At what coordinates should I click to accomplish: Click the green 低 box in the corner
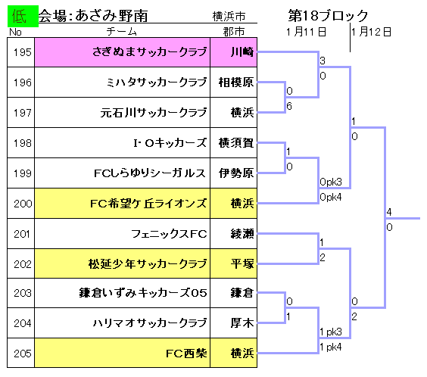(x=23, y=16)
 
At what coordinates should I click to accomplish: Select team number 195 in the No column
(x=23, y=52)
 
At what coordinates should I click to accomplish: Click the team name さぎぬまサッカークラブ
(x=149, y=51)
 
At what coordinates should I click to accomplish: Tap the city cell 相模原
(x=236, y=83)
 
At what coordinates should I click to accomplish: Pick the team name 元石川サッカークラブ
(x=154, y=113)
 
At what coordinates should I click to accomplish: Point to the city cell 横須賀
(x=236, y=143)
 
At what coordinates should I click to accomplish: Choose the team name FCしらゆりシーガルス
(x=149, y=173)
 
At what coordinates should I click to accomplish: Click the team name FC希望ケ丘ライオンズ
(x=148, y=204)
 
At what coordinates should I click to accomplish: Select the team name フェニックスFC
(x=169, y=234)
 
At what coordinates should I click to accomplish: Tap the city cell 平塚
(x=242, y=263)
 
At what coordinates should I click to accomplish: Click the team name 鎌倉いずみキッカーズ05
(x=143, y=293)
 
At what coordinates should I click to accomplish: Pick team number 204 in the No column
(x=23, y=323)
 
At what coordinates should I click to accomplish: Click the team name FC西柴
(x=186, y=354)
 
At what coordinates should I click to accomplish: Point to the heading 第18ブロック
(x=328, y=15)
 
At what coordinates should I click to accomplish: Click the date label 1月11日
(x=306, y=32)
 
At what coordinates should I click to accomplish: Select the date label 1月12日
(x=371, y=32)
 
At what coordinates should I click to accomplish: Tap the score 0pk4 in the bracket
(x=331, y=197)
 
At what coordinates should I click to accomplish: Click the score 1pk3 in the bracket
(x=331, y=332)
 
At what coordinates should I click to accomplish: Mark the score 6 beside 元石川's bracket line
(x=289, y=106)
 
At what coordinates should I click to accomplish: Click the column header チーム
(x=121, y=32)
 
